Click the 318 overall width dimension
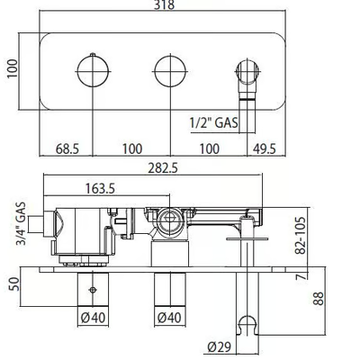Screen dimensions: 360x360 coord(164,4)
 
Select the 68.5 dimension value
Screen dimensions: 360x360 coord(67,148)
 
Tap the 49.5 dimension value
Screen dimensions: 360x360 coord(264,148)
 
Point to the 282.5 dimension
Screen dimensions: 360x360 coord(163,168)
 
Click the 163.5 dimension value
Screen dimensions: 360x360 coord(100,189)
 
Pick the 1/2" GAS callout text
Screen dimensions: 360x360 coord(214,122)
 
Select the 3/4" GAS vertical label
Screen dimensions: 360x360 coord(21,224)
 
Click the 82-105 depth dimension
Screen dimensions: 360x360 coord(300,236)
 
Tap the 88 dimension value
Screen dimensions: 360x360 coord(319,299)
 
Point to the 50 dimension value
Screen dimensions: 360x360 coord(14,283)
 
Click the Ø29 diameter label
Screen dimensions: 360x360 coord(220,347)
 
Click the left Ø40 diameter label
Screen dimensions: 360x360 coord(93,318)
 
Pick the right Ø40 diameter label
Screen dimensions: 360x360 coord(169,318)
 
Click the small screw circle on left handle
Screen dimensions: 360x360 coord(93,290)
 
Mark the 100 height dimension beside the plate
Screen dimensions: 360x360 coord(13,68)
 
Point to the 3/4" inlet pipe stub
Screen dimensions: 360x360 coord(36,224)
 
